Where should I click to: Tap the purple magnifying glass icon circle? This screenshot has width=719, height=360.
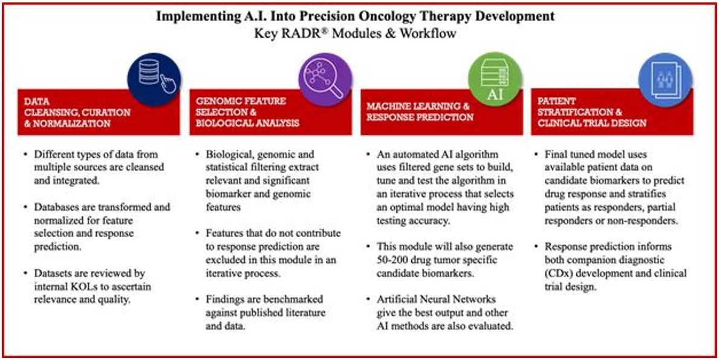pyautogui.click(x=325, y=79)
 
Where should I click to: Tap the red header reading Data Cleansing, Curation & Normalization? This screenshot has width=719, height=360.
pyautogui.click(x=99, y=111)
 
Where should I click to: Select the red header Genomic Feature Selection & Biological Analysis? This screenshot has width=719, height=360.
pyautogui.click(x=270, y=111)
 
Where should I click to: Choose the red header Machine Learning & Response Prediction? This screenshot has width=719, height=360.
pyautogui.click(x=441, y=111)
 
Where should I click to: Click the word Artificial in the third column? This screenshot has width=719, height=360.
pyautogui.click(x=397, y=299)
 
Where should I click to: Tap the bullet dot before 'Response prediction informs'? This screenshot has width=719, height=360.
pyautogui.click(x=539, y=247)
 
